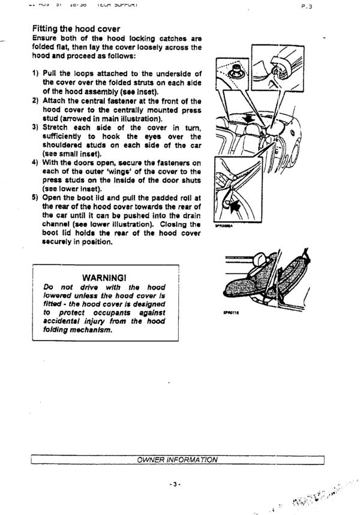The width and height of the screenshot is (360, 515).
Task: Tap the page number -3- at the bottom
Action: pyautogui.click(x=176, y=484)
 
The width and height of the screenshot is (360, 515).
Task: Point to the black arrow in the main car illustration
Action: pyautogui.click(x=250, y=119)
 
